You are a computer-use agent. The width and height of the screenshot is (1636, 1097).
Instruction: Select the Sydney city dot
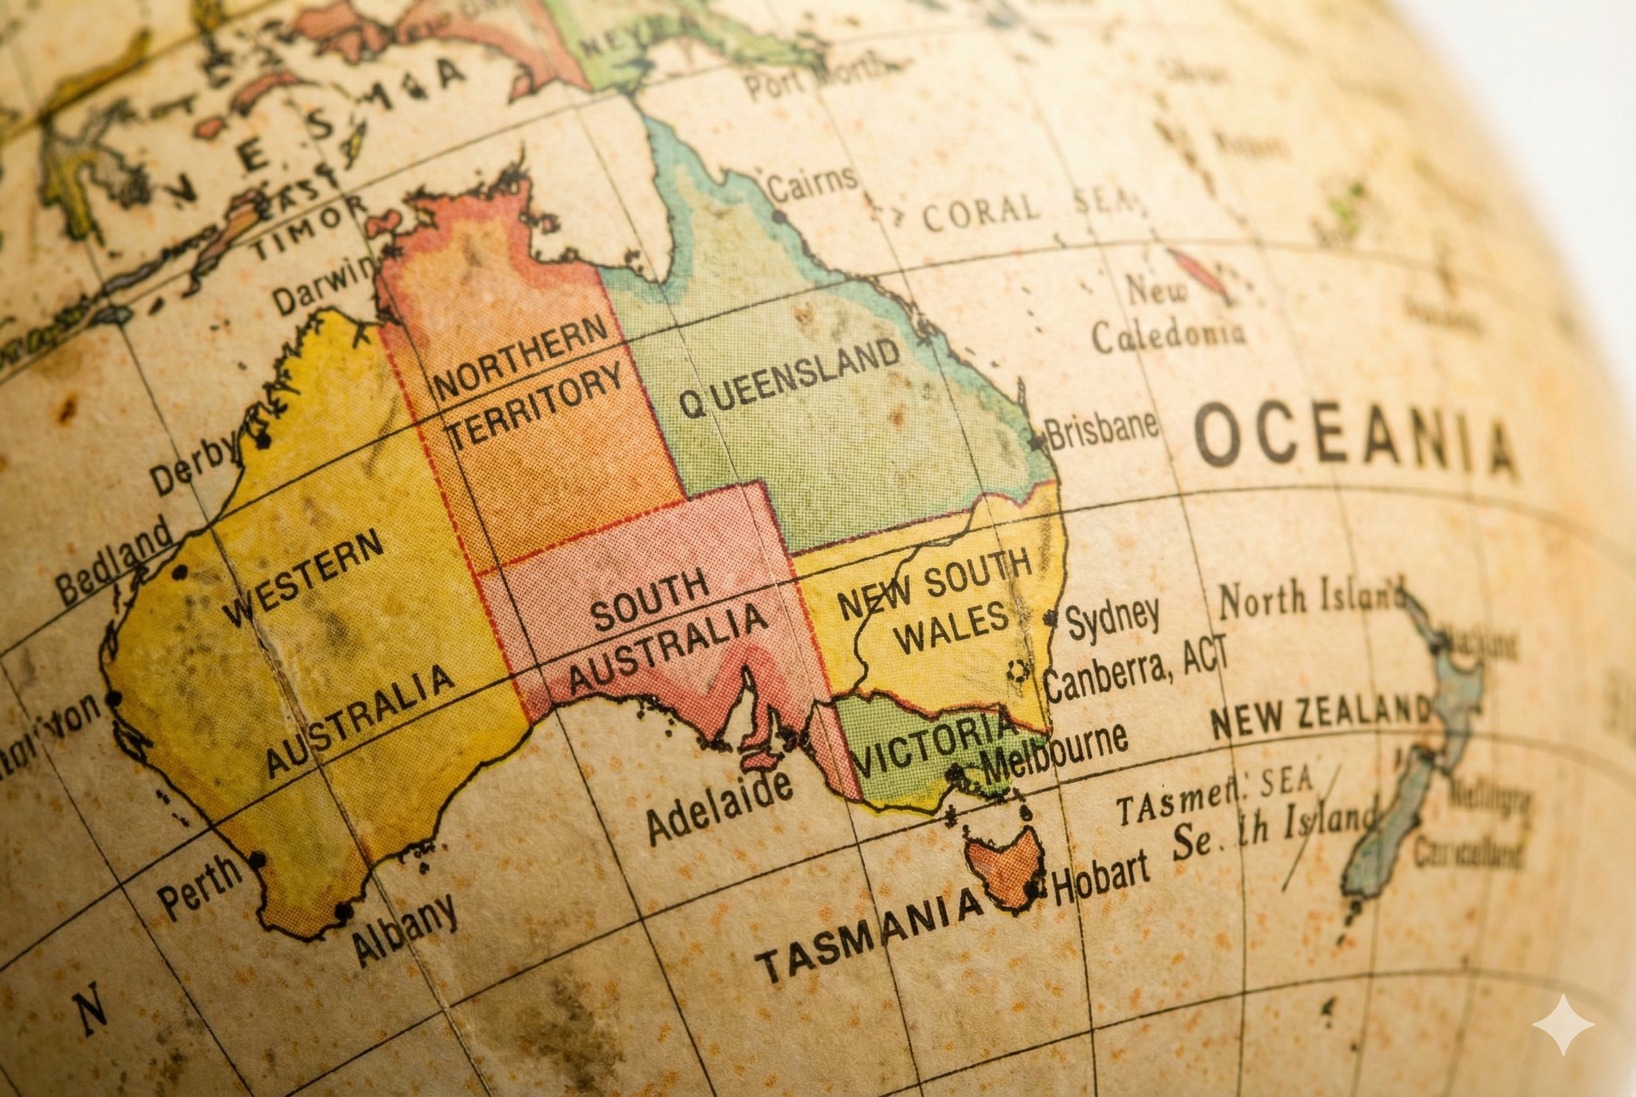point(1050,618)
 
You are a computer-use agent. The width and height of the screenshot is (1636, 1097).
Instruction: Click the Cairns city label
point(811,183)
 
